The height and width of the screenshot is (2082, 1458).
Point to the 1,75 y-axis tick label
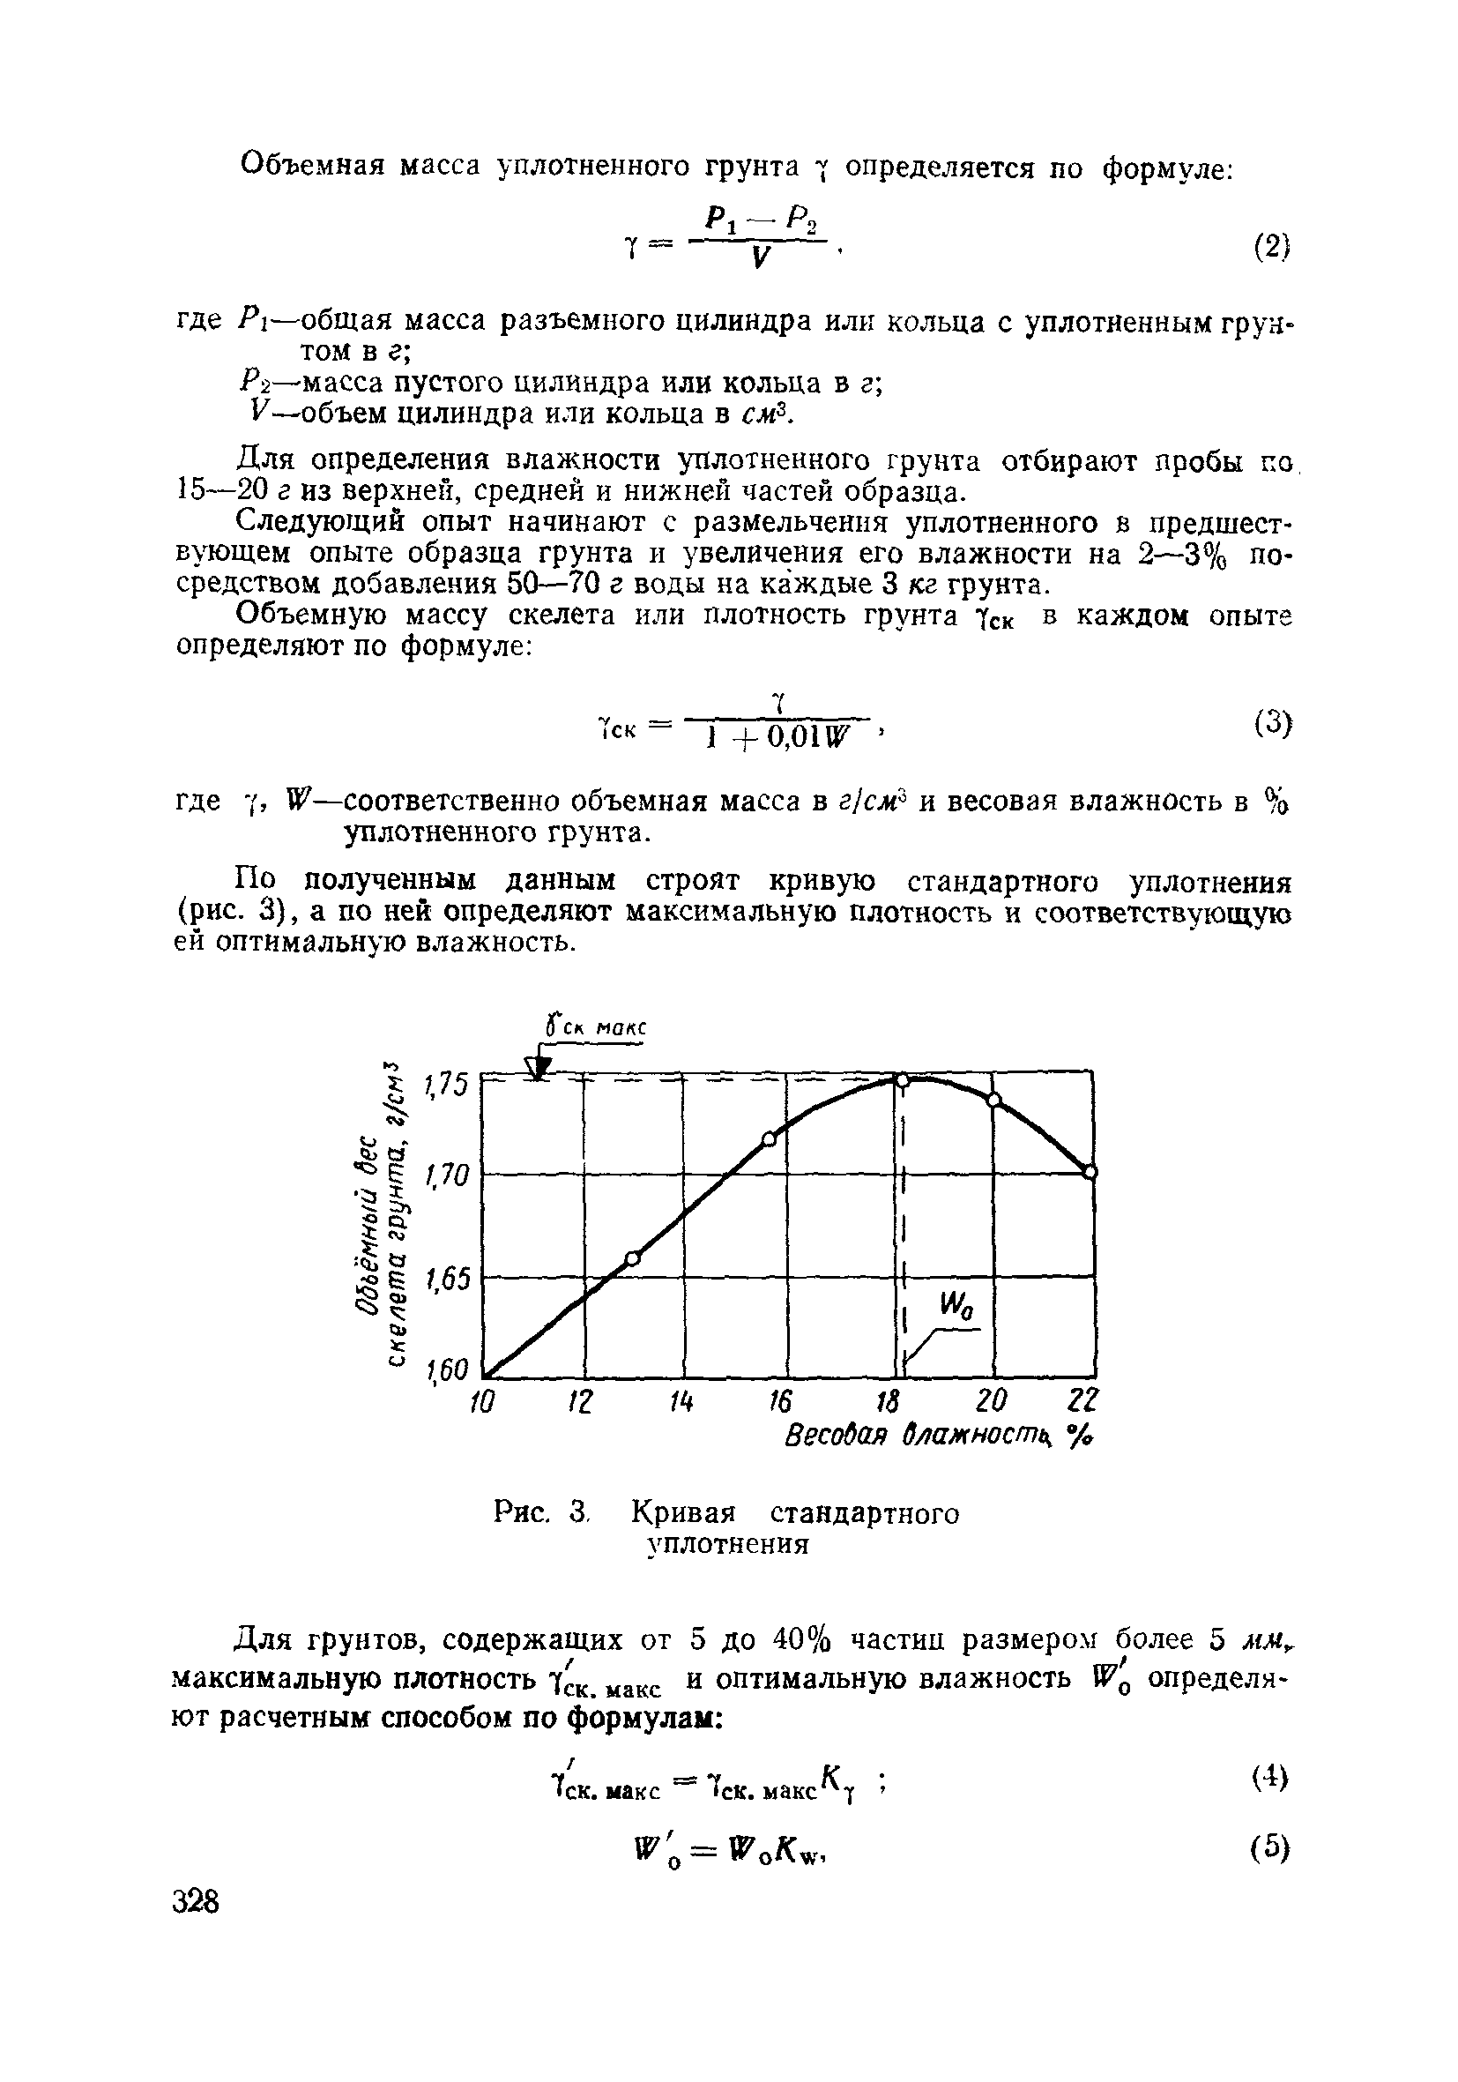point(447,1084)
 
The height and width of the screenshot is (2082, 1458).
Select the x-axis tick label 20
point(992,1402)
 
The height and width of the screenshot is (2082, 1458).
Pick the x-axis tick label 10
point(482,1403)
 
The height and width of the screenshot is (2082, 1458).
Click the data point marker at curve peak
point(902,1079)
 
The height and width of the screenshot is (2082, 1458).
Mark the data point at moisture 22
point(1090,1172)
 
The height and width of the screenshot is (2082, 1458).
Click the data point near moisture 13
point(633,1257)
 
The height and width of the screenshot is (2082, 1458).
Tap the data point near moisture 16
point(769,1140)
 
